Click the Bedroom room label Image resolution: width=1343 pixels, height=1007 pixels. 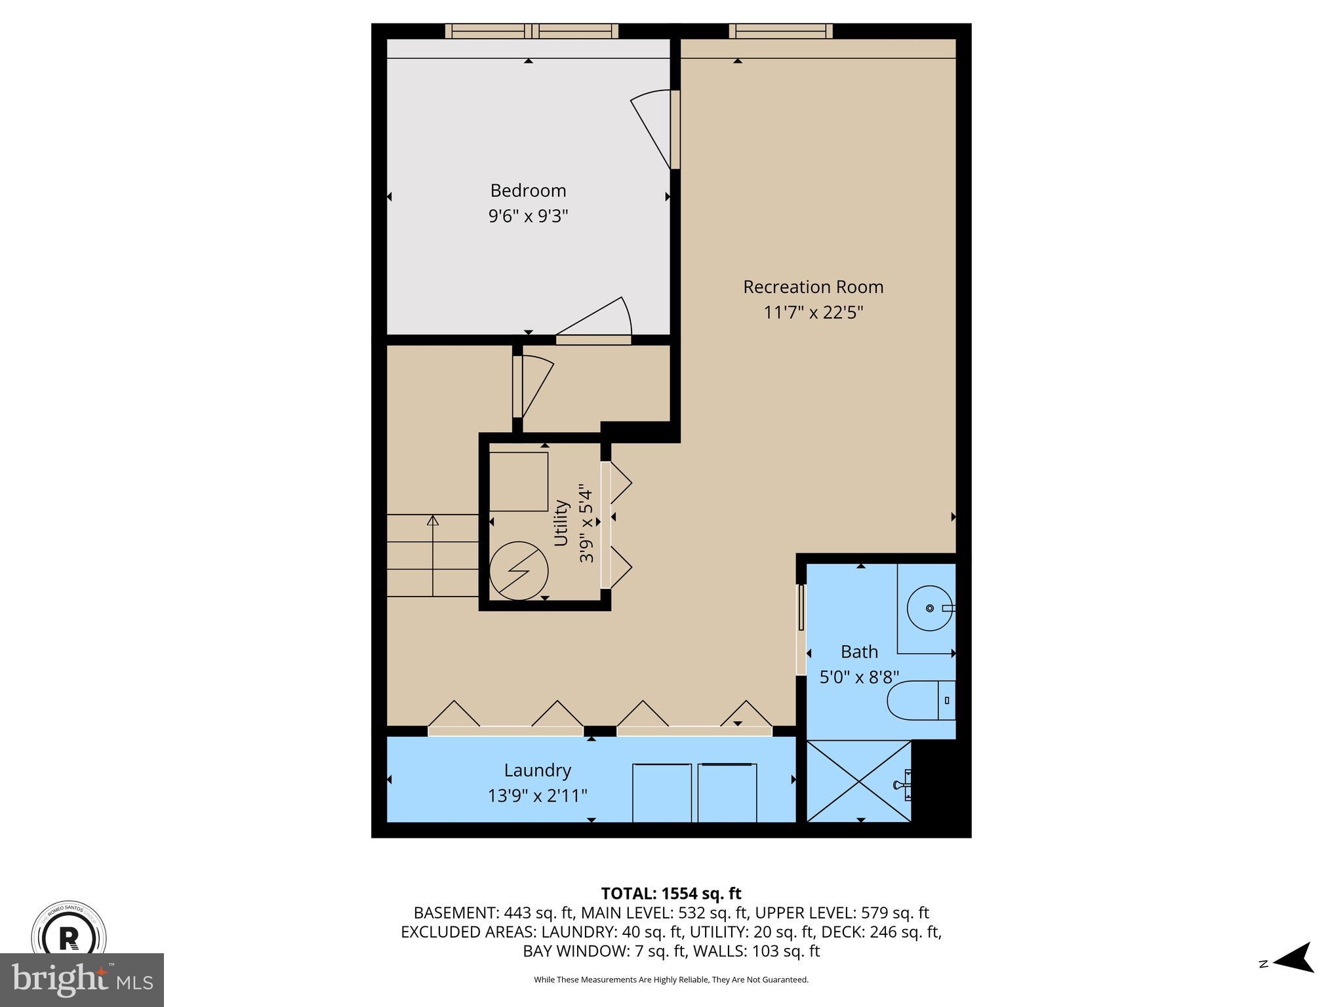point(528,191)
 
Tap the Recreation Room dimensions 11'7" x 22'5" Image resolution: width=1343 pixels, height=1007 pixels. point(813,313)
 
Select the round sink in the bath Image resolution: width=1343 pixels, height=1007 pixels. point(929,608)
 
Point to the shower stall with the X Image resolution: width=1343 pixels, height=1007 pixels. point(858,780)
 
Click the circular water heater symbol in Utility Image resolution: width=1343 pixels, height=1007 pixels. point(519,570)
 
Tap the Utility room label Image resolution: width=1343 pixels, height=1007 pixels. point(561,523)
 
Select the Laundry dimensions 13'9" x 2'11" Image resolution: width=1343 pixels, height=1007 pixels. point(537,796)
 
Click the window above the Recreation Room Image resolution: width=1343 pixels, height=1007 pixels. point(780,31)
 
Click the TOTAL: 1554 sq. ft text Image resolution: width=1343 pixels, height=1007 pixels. point(671,894)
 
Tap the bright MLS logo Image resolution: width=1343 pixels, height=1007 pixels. point(81,979)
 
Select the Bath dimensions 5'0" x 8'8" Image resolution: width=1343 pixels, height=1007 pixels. point(859,677)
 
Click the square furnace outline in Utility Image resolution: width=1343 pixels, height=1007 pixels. point(518,481)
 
